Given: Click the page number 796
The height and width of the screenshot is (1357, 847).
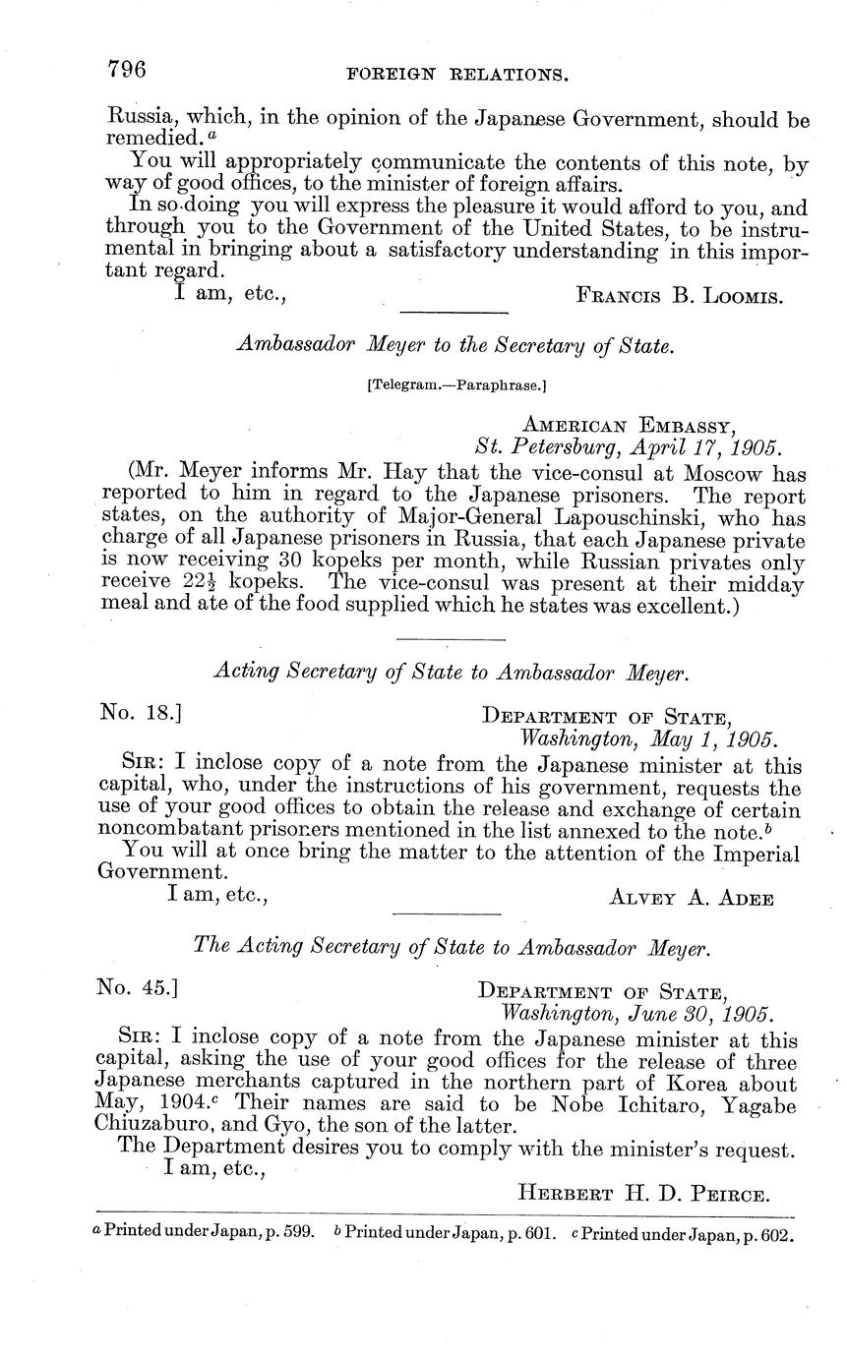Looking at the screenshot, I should point(127,69).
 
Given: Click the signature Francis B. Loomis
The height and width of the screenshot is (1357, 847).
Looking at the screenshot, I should point(679,295).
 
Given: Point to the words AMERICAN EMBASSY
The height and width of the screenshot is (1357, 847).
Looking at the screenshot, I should point(627,426).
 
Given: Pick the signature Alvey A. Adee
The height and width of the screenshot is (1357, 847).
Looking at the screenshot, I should point(692,898).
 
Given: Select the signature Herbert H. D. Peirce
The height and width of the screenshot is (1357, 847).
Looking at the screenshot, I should point(642,1194).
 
